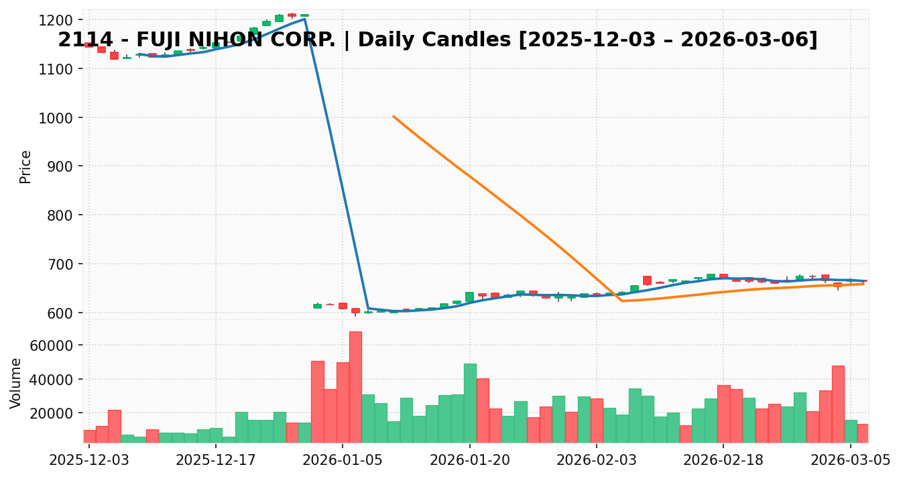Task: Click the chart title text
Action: pyautogui.click(x=437, y=40)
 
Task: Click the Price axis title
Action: pyautogui.click(x=25, y=166)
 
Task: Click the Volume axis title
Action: pyautogui.click(x=16, y=382)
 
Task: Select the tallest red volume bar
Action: pyautogui.click(x=355, y=387)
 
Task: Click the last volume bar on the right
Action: pyautogui.click(x=863, y=433)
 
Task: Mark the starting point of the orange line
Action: pyautogui.click(x=394, y=116)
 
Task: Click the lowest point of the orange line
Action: pyautogui.click(x=622, y=301)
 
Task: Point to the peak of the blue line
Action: pyautogui.click(x=304, y=19)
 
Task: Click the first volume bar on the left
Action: pyautogui.click(x=89, y=436)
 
